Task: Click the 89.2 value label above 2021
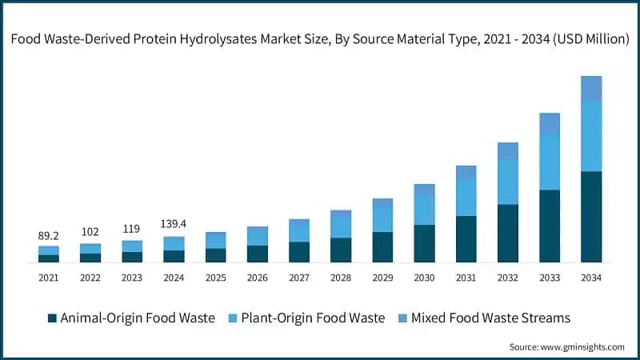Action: (x=49, y=235)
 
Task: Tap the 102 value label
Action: (x=90, y=233)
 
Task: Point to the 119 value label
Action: (x=132, y=230)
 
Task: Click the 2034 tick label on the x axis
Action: (x=591, y=277)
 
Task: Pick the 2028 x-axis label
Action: (x=341, y=277)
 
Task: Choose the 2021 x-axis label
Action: (x=49, y=277)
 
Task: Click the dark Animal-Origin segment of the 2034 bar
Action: (x=591, y=216)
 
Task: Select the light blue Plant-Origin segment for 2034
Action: (x=591, y=136)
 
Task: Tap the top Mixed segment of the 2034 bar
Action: (x=591, y=89)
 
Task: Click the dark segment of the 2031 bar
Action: (x=466, y=238)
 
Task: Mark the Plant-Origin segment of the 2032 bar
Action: (x=507, y=181)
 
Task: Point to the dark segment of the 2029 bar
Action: (x=382, y=246)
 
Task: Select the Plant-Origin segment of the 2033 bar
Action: (x=550, y=161)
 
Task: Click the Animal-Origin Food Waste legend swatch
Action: (x=53, y=318)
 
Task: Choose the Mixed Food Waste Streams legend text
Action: (x=490, y=318)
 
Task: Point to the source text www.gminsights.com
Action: (x=582, y=346)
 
